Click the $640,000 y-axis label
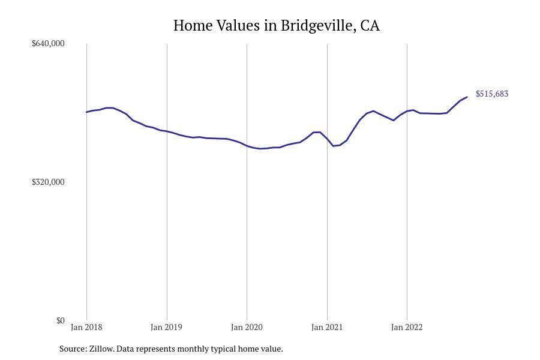48,43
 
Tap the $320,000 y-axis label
48,182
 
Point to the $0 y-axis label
60,320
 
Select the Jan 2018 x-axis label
86,328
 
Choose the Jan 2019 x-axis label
167,328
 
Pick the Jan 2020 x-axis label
247,328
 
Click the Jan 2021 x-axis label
327,328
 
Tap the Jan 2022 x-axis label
407,328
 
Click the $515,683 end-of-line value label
492,94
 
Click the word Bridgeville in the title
317,26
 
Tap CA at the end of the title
370,26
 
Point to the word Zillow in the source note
101,349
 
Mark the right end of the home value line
467,97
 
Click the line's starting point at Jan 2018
86,112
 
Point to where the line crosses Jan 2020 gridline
247,146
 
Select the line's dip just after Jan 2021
334,146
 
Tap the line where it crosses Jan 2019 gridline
167,131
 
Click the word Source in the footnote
72,349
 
